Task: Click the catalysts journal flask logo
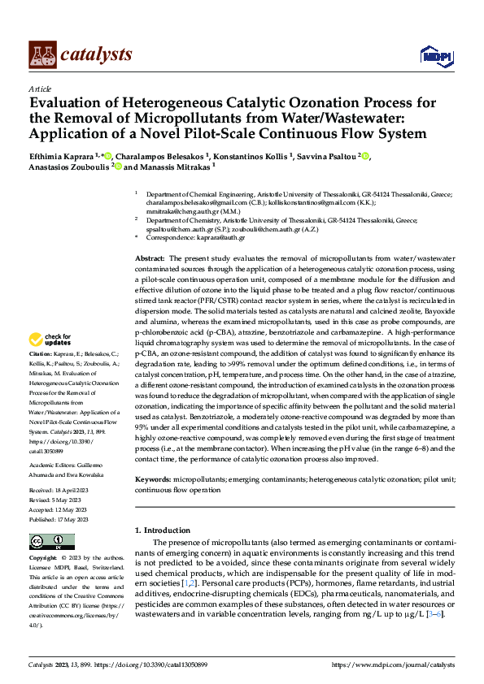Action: tap(42, 54)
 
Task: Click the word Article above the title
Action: tap(40, 89)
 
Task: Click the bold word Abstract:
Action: tap(151, 257)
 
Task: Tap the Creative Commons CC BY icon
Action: tap(51, 541)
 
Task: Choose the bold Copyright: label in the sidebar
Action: tap(42, 559)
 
